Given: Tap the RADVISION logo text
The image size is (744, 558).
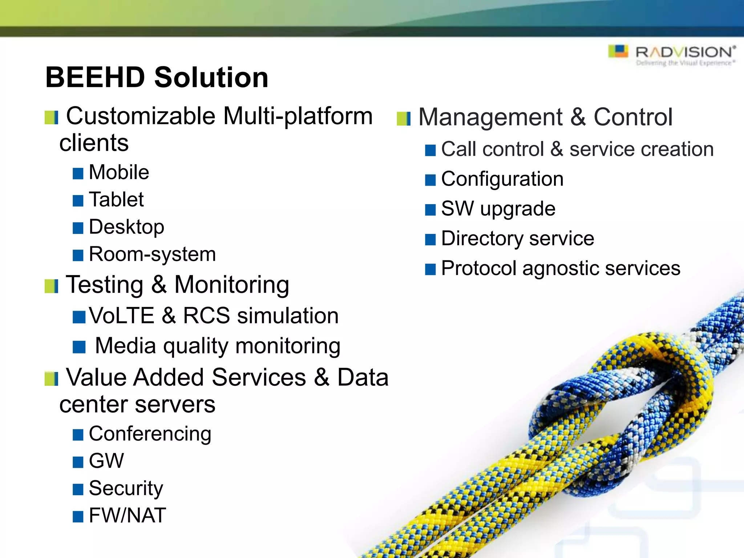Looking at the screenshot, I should pos(685,53).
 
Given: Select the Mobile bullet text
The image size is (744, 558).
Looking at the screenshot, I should pos(119,172).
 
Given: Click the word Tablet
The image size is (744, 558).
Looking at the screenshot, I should pos(116,199).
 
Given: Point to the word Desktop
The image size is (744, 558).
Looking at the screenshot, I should pos(126,227).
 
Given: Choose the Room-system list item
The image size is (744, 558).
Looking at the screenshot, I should pos(152,254).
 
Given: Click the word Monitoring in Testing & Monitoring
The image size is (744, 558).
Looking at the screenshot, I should pos(232,284).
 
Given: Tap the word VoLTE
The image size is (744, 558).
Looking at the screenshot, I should pos(122,315).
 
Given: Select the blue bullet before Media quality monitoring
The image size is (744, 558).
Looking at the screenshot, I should pos(79,347).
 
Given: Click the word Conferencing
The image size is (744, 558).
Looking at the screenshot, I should pos(150,434).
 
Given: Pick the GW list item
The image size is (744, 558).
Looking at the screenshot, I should pos(106,461).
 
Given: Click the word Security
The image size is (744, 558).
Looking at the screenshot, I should pos(126,488).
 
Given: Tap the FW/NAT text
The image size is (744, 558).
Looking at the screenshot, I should pos(127,515).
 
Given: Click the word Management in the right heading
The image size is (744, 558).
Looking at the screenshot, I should pos(490,117).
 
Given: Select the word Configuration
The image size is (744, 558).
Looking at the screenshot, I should pos(502,179).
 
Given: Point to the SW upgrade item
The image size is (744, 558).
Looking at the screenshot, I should pos(498,209).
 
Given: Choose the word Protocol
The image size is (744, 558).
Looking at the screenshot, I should pos(478,268).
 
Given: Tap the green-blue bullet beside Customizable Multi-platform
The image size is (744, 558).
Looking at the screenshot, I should pos(51,117).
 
